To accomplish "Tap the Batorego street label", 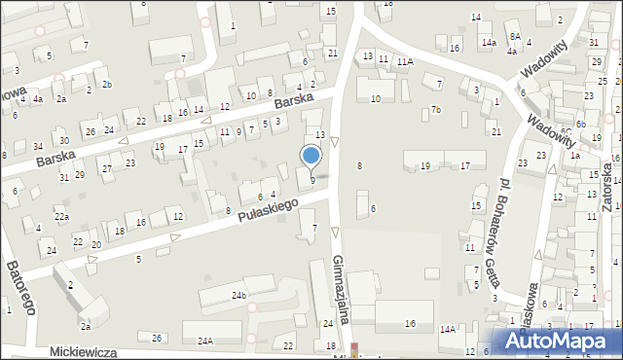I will pos(19,287).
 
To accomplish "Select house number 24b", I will pos(238,294).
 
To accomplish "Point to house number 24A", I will pos(205,342).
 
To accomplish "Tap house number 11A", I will pos(404,60).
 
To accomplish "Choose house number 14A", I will pos(448,330).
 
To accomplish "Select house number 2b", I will pos(107,85).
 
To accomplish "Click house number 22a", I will pos(61,216).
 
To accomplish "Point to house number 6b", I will pos(580,125).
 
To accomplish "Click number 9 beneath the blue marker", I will pos(312,180).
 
